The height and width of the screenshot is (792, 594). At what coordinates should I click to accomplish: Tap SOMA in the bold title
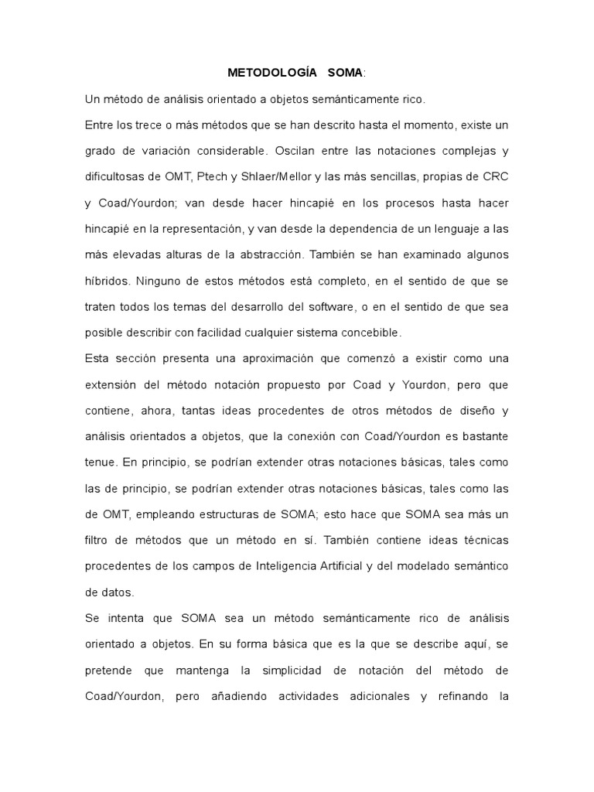(x=344, y=73)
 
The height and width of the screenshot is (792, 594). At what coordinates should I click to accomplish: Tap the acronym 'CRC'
(x=495, y=176)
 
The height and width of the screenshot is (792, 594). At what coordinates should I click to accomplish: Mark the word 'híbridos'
(x=104, y=282)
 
